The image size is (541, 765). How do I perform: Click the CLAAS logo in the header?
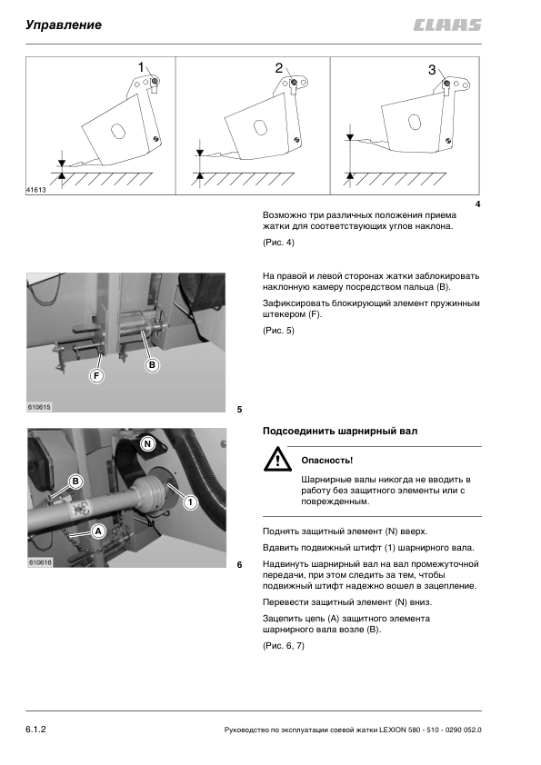pos(447,25)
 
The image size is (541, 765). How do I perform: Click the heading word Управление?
pos(64,25)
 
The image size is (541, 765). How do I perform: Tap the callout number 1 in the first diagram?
pos(141,67)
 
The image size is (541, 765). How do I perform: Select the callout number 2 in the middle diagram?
pos(279,68)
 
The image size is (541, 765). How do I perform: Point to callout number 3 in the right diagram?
pos(432,70)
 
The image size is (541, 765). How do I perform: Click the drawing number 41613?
pos(35,190)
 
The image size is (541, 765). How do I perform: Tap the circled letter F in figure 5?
pos(96,375)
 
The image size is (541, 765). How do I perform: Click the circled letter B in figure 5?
pos(153,365)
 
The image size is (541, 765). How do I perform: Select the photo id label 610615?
pos(39,407)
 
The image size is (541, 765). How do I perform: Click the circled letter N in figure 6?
pos(147,443)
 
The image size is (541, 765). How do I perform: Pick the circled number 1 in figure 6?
pos(190,502)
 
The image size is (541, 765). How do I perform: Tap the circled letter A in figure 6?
pos(98,531)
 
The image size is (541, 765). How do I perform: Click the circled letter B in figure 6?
pos(75,482)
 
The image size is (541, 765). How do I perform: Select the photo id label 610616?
pos(40,562)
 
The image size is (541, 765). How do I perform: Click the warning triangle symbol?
pos(277,460)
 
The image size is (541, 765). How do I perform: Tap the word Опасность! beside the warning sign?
pos(326,460)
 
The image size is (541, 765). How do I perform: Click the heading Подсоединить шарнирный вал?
pos(340,432)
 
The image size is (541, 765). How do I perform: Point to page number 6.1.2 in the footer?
pos(35,730)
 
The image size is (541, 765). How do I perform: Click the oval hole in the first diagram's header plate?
pos(117,131)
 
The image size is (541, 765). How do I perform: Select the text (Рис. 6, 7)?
pos(283,645)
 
